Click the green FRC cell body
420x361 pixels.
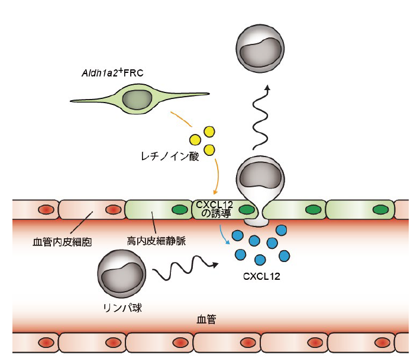point(136,99)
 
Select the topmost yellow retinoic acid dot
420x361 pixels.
point(209,130)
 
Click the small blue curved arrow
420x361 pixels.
point(223,234)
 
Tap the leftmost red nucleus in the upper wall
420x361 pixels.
point(45,209)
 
